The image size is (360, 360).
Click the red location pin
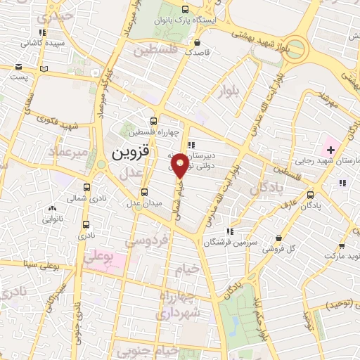[x=180, y=165]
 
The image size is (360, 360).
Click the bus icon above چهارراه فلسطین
[x=154, y=120]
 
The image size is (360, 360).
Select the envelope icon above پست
[x=19, y=68]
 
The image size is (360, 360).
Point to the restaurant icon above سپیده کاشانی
[x=43, y=32]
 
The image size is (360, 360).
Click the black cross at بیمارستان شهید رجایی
[x=330, y=149]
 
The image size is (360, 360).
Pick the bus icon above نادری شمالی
[x=87, y=188]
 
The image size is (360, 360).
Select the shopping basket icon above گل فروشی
[x=281, y=238]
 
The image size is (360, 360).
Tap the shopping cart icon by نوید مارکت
[x=342, y=246]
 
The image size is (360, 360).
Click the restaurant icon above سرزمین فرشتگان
[x=229, y=231]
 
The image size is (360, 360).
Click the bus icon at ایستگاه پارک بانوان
[x=185, y=10]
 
